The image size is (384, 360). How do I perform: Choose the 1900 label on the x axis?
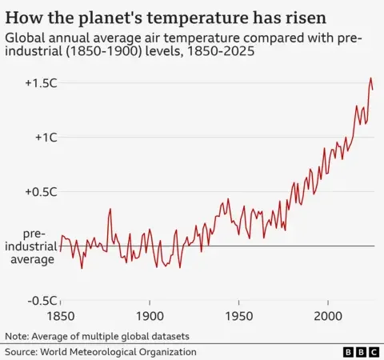150,316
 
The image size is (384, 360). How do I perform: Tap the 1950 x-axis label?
238,316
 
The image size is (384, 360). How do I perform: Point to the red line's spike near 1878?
110,209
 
